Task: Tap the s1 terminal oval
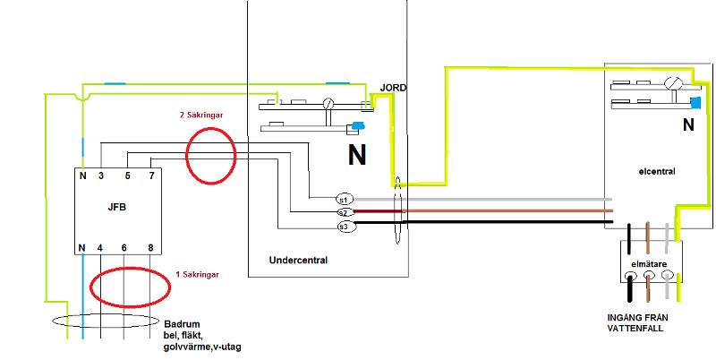pos(345,198)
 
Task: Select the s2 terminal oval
pos(345,212)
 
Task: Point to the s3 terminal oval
pos(345,227)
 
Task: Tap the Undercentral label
pos(299,261)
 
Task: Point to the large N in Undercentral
pos(357,157)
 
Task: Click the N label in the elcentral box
pos(687,126)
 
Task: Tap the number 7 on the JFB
pos(151,176)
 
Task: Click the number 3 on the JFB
pos(101,176)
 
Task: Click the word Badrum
pos(183,323)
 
